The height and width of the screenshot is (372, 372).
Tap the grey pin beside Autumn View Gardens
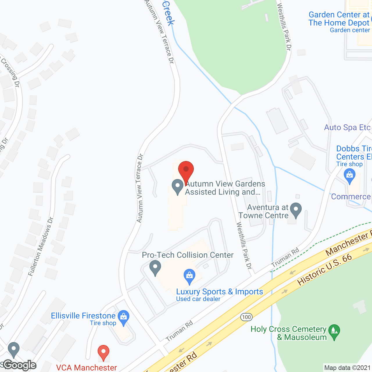coord(178,187)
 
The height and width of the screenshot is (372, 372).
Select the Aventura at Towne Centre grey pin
coord(296,210)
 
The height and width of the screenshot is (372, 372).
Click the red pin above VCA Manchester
coord(103,353)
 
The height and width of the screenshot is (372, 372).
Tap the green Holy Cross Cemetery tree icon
coord(334,332)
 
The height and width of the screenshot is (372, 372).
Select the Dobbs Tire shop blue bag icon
coord(349,176)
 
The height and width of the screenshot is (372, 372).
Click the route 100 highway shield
coord(246,317)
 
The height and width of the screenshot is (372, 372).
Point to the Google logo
coord(20,365)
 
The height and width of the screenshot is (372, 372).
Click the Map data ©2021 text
coord(347,368)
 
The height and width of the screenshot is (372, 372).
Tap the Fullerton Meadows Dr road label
coord(41,246)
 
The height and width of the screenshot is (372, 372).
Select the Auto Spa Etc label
coord(347,128)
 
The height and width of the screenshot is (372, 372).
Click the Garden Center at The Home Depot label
coord(339,19)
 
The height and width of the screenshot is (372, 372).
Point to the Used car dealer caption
coord(198,299)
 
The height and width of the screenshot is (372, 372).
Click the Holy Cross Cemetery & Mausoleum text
coord(289,333)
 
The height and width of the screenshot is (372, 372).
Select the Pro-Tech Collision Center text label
coord(188,255)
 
